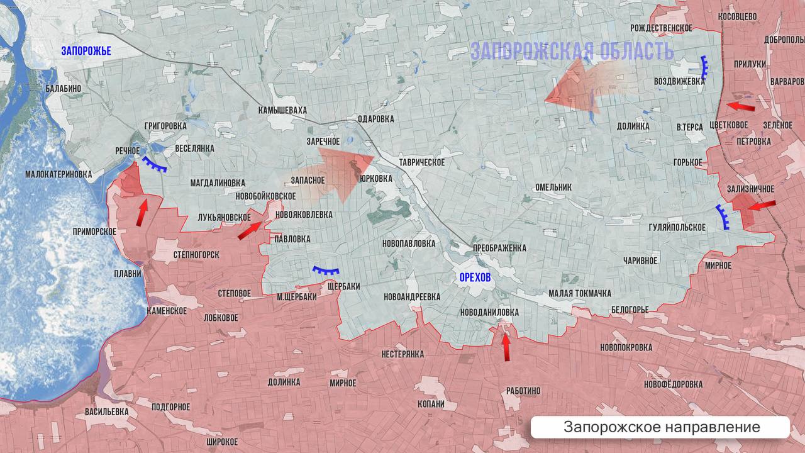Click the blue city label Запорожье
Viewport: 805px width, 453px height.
coord(86,51)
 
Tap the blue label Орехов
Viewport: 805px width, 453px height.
coord(475,277)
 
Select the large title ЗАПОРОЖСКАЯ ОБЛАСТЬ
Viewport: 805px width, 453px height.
coord(572,51)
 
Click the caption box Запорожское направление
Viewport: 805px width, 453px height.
coord(661,427)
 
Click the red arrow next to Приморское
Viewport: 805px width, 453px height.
coord(142,213)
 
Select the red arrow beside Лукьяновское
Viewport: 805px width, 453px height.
coord(250,230)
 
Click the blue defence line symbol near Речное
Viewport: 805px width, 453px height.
coord(154,165)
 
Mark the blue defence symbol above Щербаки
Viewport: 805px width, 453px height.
coord(326,271)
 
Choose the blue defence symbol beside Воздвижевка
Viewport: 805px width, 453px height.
coord(705,67)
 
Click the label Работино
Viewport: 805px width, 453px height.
coord(523,391)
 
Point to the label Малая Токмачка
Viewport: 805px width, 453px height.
coord(579,294)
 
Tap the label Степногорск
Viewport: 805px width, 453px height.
coord(196,255)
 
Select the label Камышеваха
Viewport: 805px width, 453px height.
coord(282,110)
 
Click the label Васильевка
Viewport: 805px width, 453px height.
coord(106,411)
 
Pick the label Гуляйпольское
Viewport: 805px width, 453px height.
coord(680,227)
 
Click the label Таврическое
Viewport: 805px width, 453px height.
coord(421,162)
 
